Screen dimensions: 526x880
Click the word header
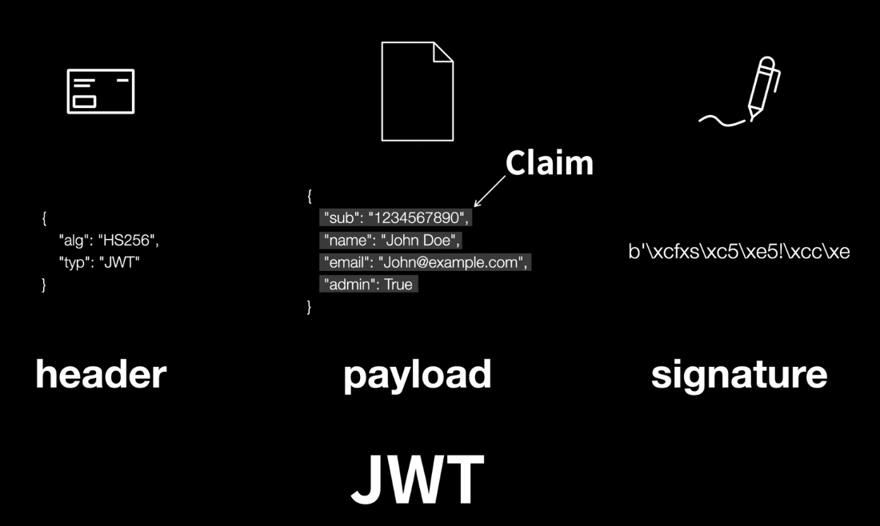(x=101, y=375)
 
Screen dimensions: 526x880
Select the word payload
(x=417, y=375)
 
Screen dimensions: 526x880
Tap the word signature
(x=738, y=375)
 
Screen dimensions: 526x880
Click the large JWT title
(x=417, y=480)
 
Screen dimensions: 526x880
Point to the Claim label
(x=549, y=163)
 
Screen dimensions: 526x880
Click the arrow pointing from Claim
(x=490, y=191)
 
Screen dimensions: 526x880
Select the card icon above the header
(x=101, y=92)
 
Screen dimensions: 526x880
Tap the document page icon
(x=417, y=91)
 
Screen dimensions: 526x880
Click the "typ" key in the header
(x=73, y=262)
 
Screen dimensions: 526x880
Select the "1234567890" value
(x=418, y=218)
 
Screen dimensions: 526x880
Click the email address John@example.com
(x=453, y=262)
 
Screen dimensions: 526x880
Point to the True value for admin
(x=398, y=285)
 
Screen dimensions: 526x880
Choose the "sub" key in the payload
(x=341, y=218)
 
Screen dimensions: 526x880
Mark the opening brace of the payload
(x=310, y=196)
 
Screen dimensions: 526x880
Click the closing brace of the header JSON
(x=44, y=285)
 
